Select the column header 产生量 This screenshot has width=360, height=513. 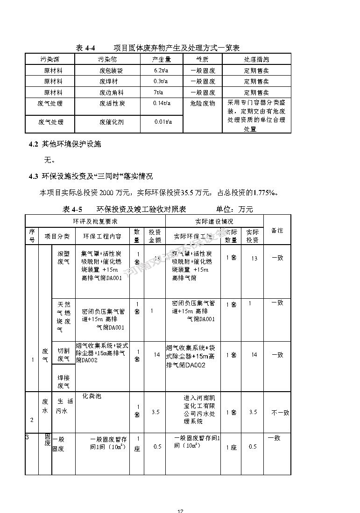point(162,59)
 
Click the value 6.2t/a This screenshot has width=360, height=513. point(161,70)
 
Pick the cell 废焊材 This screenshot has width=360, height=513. point(111,81)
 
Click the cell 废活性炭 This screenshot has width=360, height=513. point(112,103)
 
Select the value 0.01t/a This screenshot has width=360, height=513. point(163,122)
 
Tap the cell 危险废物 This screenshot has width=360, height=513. point(203,103)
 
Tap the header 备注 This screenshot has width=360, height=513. point(277,230)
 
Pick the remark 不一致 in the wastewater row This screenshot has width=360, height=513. point(280,413)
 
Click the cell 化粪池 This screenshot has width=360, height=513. point(92,396)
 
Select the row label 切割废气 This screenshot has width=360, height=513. point(64,355)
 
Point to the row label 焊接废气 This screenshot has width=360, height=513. point(64,381)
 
